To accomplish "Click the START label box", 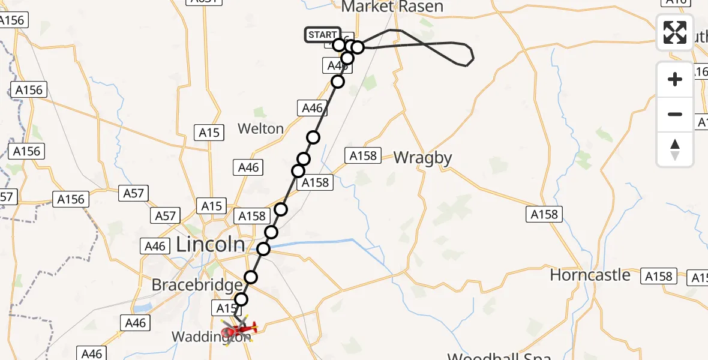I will click(322, 35).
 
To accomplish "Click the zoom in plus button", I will click(675, 79).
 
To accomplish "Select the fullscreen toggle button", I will click(675, 32).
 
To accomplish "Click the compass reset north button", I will click(675, 149).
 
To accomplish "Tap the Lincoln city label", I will click(211, 244).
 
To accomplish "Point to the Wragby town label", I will click(422, 158).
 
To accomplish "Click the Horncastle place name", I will click(590, 275).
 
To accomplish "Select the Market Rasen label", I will click(392, 7).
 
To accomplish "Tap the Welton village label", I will click(260, 128).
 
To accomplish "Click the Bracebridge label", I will click(197, 284).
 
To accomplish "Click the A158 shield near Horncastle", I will click(659, 276).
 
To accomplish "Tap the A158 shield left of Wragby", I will click(363, 156).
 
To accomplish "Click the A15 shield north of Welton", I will click(209, 133).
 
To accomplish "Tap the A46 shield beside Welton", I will click(313, 109).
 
